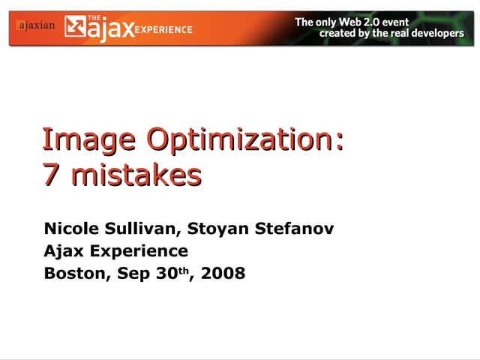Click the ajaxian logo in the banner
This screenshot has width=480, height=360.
(x=34, y=25)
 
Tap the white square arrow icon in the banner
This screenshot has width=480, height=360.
(x=76, y=28)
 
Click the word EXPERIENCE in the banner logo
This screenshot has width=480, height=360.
(x=164, y=29)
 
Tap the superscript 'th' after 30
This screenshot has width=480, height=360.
(x=181, y=270)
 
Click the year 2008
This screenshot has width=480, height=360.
(x=222, y=273)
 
